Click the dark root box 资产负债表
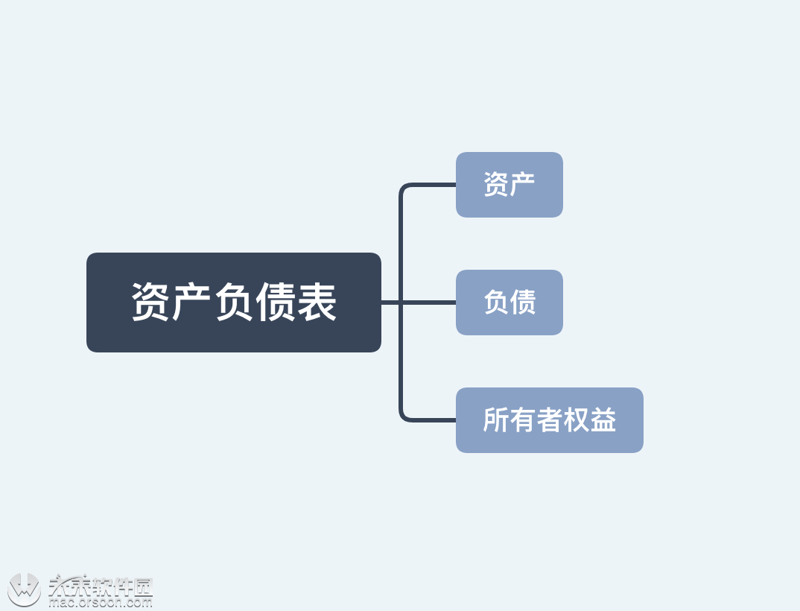click(233, 302)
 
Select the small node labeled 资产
click(509, 185)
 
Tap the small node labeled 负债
click(509, 303)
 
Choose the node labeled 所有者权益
click(549, 420)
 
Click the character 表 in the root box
click(317, 302)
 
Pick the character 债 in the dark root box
click(276, 302)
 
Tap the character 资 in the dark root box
click(151, 302)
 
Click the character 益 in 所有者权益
click(603, 420)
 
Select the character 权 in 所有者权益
click(577, 420)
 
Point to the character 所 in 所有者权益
click(495, 420)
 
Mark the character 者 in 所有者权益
click(550, 420)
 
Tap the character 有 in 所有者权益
click(522, 420)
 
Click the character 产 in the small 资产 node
click(523, 185)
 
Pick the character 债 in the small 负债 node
click(523, 303)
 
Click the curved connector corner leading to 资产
click(404, 188)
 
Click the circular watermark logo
click(24, 589)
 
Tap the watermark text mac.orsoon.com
click(100, 602)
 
